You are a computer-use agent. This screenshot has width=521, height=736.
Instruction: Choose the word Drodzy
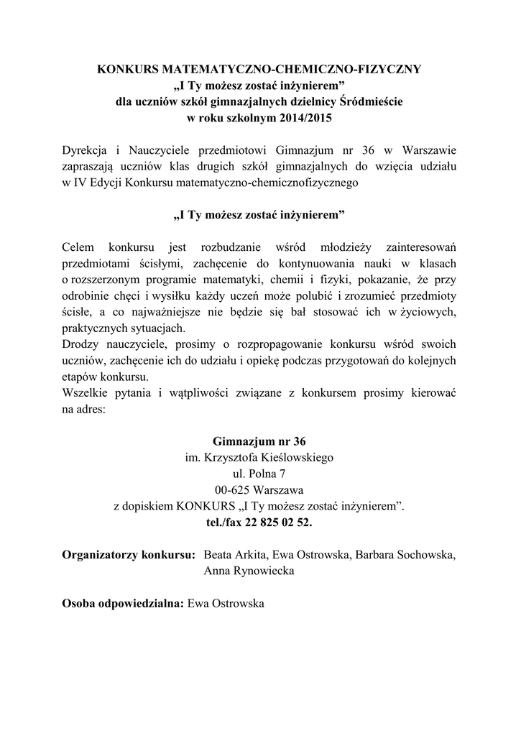tap(80, 344)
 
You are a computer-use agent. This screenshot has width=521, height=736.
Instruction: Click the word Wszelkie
tap(86, 393)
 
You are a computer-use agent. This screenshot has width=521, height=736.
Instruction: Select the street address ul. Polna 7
tap(259, 474)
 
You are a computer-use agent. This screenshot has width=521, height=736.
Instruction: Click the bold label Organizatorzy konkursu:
tap(129, 555)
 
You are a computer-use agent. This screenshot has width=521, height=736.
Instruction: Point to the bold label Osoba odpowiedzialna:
tap(124, 604)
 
